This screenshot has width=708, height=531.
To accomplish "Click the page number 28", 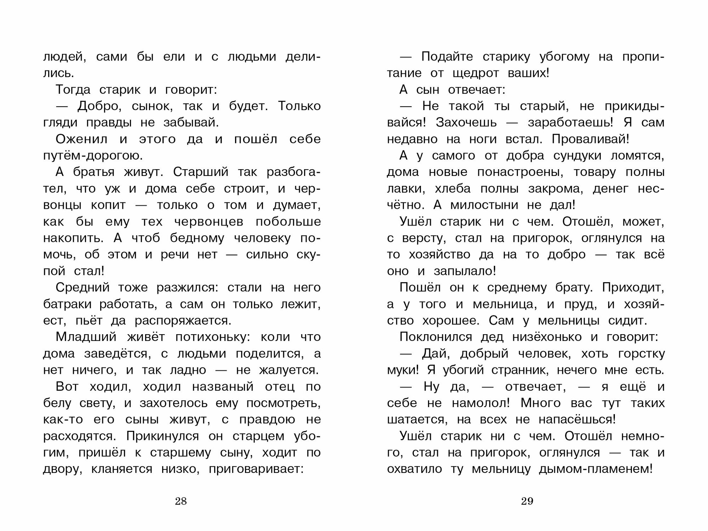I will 181,501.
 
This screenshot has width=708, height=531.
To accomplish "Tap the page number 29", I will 527,501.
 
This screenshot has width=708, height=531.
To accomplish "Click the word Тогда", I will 73,90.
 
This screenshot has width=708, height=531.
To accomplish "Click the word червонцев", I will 209,222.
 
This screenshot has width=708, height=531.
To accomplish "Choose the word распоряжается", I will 183,321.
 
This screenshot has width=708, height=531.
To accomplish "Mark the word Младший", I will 86,337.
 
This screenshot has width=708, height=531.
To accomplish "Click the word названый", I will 223,387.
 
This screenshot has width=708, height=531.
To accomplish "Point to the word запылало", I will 465,271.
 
